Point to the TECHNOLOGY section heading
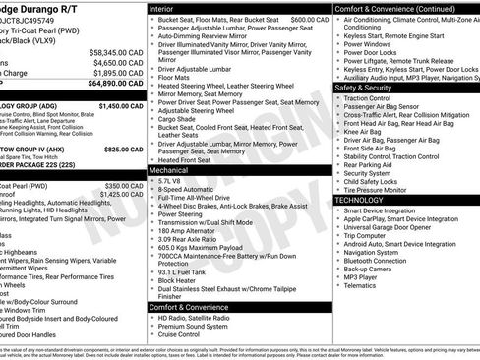tap(359, 200)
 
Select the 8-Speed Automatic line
tap(185, 191)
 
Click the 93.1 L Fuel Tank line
tap(183, 269)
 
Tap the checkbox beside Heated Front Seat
tap(152, 159)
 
